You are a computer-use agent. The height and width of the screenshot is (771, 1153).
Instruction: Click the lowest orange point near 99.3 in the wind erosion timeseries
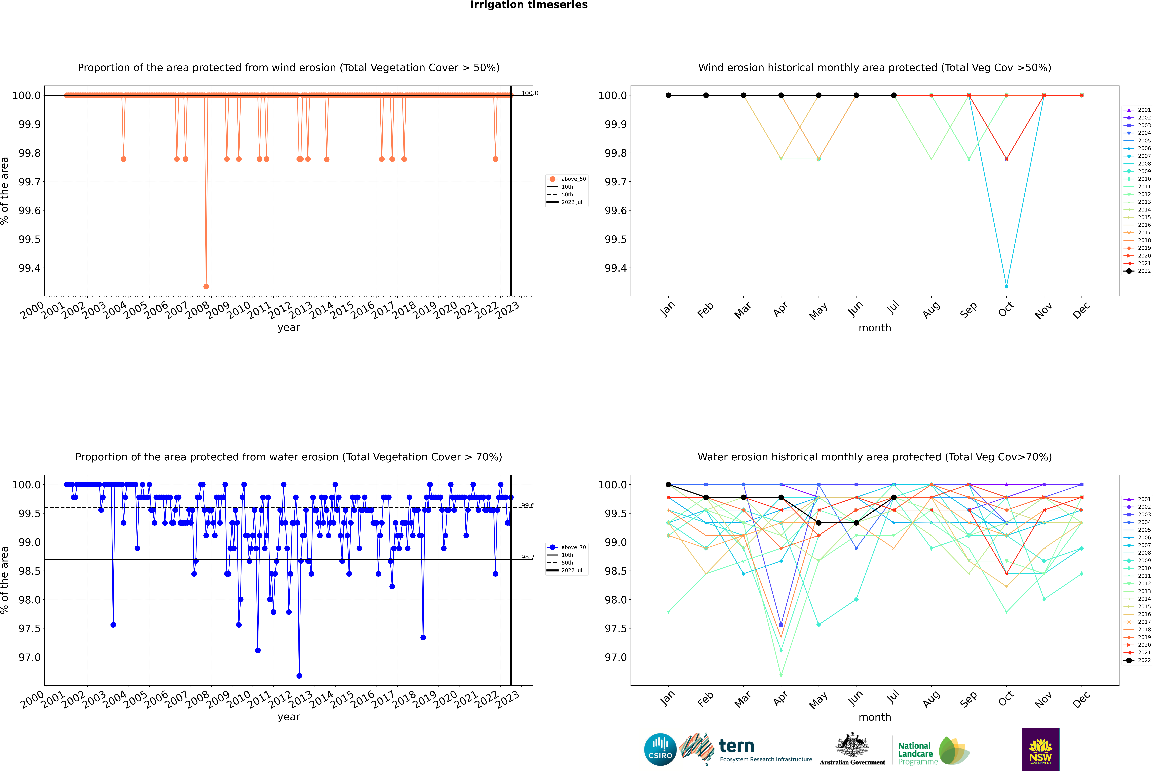(x=206, y=286)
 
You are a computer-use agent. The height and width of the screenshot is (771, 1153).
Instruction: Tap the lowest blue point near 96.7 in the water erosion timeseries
(x=299, y=676)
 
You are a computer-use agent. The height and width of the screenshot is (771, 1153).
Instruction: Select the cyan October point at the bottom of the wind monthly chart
(x=1007, y=286)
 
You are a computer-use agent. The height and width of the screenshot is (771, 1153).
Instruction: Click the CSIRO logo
(x=660, y=749)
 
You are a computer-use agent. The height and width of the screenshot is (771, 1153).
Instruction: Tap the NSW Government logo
(x=1040, y=749)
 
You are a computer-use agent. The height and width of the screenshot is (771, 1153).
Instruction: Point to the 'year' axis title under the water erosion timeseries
(x=288, y=717)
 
